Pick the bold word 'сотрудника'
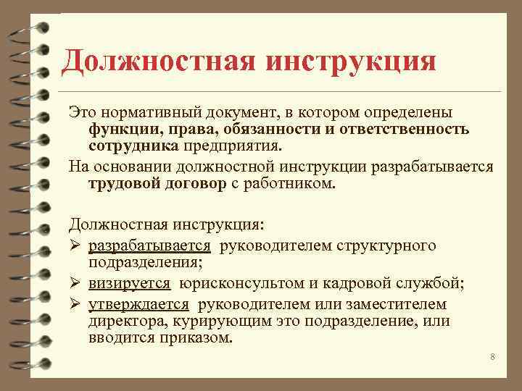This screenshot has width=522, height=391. pos(133,146)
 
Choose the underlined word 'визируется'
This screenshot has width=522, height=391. pos(130,284)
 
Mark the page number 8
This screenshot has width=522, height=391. pos(492,357)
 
